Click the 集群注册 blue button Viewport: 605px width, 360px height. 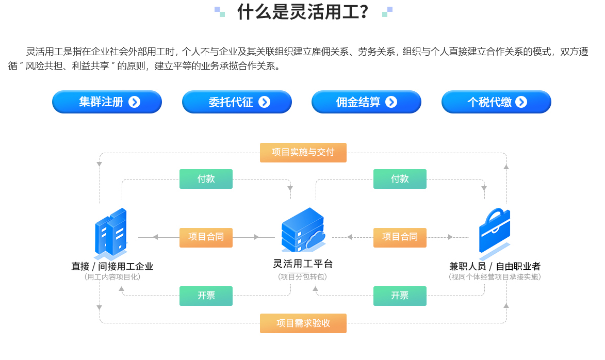click(107, 102)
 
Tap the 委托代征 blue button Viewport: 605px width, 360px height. click(237, 102)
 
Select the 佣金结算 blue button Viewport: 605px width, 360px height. click(366, 102)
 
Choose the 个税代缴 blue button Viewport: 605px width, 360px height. click(496, 102)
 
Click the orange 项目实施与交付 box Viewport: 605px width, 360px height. click(303, 153)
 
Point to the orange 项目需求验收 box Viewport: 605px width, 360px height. click(303, 323)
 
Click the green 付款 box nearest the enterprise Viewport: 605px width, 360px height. click(206, 179)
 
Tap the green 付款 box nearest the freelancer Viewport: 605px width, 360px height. click(400, 179)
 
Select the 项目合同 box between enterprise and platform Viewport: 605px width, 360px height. click(206, 237)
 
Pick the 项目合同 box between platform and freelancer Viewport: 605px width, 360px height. click(400, 237)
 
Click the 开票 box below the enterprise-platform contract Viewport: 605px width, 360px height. click(206, 296)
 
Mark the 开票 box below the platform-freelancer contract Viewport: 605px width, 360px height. click(400, 296)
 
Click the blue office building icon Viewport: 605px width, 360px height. click(111, 234)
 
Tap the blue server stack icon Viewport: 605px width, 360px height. click(303, 230)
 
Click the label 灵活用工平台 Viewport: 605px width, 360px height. click(303, 264)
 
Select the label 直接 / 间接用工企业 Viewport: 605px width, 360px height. click(112, 266)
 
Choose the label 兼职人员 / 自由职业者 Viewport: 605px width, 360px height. click(495, 266)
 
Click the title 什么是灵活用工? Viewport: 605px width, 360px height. click(303, 12)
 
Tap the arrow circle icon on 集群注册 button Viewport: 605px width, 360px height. click(134, 102)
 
